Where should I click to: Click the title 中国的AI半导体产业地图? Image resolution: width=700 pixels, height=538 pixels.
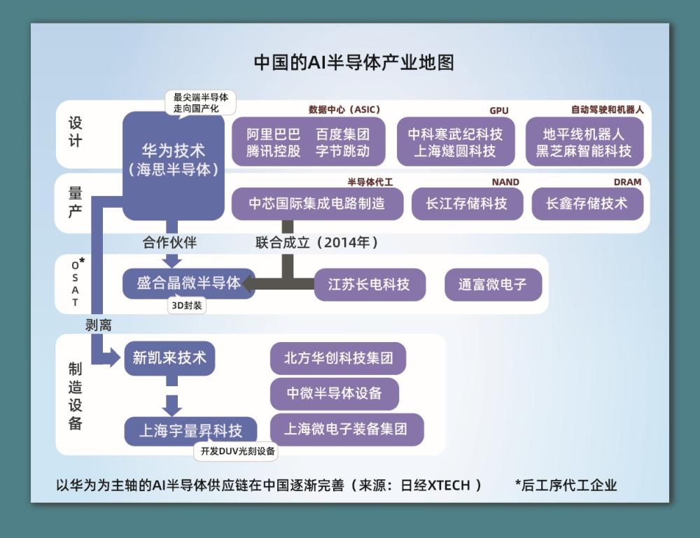point(353,63)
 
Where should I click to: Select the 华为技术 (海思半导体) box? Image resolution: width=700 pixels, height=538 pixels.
point(174,160)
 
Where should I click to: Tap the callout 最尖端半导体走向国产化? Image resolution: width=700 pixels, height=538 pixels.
point(201,102)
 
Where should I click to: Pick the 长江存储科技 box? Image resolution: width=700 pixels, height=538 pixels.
point(467,204)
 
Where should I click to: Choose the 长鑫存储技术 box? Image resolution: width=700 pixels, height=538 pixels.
point(587,204)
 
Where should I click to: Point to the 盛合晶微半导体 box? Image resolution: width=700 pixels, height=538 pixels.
point(188,283)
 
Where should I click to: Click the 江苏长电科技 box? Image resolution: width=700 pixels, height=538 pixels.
point(369,285)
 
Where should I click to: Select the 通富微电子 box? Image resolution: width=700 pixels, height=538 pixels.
point(492,285)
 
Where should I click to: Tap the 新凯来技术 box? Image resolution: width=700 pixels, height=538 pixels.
point(169,358)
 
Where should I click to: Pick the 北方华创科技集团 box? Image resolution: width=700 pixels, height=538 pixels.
point(338,359)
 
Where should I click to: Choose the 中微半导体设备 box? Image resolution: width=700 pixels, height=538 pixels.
point(335,393)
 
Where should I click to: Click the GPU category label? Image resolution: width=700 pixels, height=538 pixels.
point(498,111)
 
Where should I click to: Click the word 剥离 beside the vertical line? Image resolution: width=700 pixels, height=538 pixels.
point(99,325)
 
